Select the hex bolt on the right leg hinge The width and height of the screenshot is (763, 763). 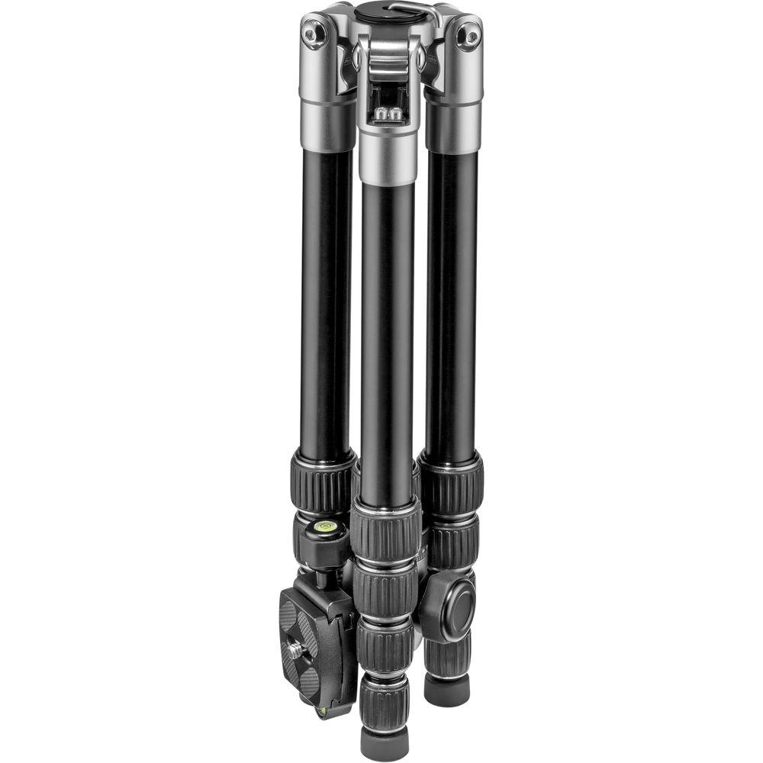[x=472, y=35]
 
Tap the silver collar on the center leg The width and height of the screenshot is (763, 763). [x=388, y=156]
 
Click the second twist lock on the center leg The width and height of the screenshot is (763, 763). [x=385, y=591]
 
